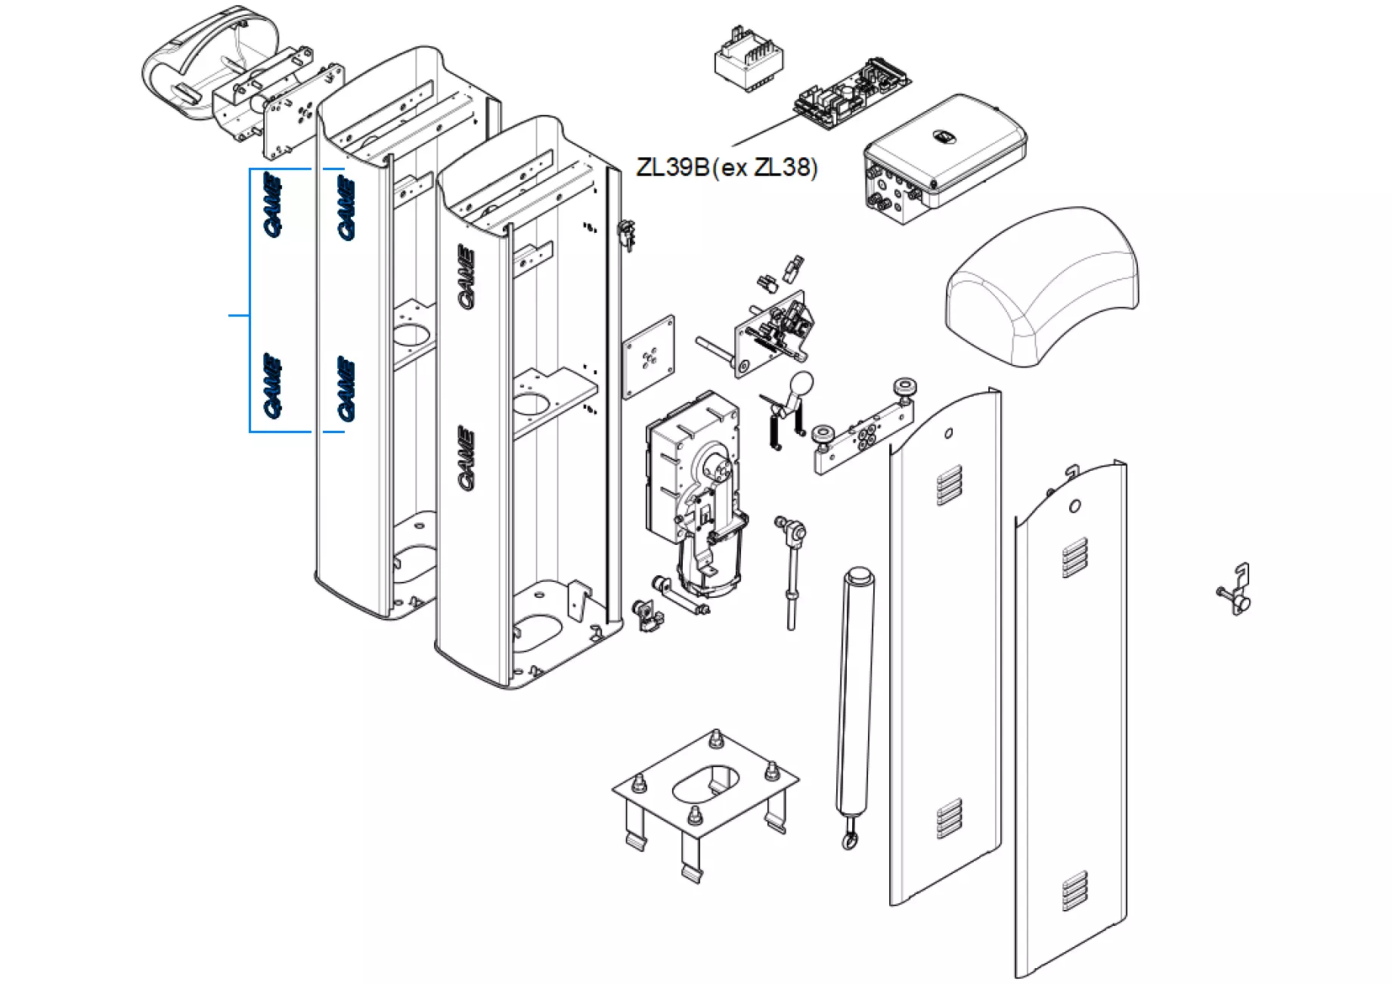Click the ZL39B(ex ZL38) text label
[727, 167]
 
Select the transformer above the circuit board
[749, 59]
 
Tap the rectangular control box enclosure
[945, 155]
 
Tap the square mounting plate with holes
[649, 357]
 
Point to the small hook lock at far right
[1237, 589]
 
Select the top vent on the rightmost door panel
[1075, 558]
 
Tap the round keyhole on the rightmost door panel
[1074, 506]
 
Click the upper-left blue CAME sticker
[273, 205]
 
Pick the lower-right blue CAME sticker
[346, 388]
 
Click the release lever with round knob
[790, 408]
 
